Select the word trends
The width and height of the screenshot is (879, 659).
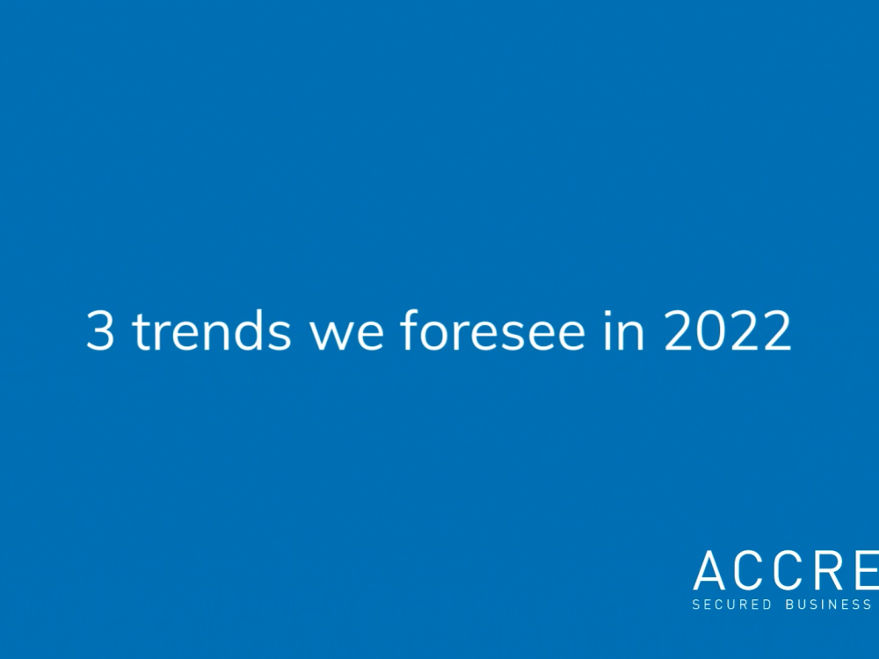pos(211,329)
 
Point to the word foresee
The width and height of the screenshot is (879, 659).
pos(493,329)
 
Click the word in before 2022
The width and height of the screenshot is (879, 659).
pos(624,330)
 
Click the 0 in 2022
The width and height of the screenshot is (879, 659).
pos(712,331)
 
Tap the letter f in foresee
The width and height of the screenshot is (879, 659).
pos(410,329)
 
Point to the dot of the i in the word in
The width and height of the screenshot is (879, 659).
pos(608,313)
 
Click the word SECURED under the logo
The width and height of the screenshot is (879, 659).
pos(731,605)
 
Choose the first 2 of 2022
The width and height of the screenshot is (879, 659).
pos(679,331)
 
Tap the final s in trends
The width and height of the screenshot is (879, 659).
pos(280,337)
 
